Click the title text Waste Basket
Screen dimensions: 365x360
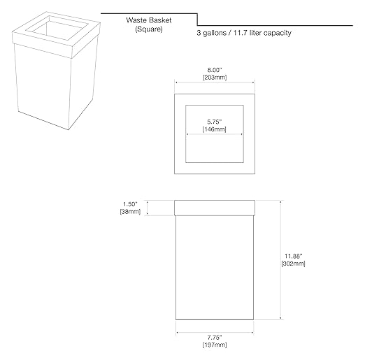149,20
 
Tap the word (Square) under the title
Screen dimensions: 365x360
149,29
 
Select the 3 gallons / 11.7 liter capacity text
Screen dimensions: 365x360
244,33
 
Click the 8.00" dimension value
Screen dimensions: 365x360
215,70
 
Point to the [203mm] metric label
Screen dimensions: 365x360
215,78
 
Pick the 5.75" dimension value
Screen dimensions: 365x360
215,122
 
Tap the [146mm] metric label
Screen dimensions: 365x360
215,129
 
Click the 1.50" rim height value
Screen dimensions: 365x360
130,204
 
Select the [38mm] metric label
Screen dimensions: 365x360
130,212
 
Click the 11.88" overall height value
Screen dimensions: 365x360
293,257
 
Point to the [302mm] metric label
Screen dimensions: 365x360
293,264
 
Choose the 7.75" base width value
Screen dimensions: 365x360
215,338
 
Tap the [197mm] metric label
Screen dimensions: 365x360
215,345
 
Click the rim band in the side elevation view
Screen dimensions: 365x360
215,208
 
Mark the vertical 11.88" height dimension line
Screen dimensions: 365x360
280,260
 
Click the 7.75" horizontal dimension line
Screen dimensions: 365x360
215,333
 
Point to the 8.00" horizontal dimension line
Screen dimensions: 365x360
215,82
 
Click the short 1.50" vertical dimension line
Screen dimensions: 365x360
147,208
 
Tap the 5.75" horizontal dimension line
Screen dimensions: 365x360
215,134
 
